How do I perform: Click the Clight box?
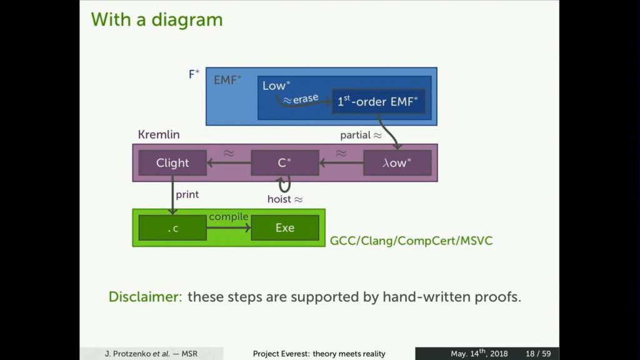172,163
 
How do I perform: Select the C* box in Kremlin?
284,163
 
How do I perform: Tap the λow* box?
397,163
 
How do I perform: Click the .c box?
172,228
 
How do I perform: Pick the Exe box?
284,228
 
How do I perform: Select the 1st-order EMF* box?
378,101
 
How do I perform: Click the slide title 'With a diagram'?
157,19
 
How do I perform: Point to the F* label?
194,74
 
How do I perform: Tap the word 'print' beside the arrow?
187,194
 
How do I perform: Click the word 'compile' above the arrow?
228,216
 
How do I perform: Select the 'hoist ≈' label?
284,199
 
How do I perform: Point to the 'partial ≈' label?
360,135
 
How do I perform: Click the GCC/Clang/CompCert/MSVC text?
411,240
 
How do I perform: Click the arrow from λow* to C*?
341,164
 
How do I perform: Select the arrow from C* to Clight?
229,164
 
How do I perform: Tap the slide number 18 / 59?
538,354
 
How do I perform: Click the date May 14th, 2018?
479,354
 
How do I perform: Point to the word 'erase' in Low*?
306,99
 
